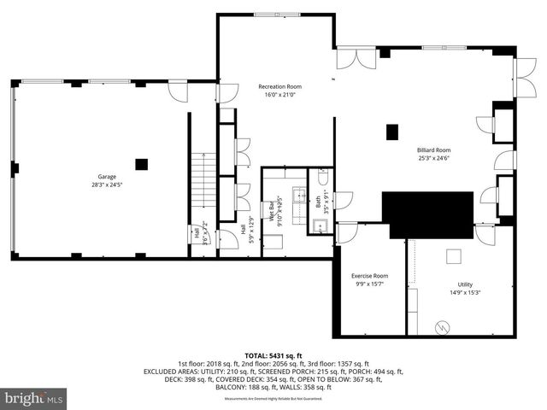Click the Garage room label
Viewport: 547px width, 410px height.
tap(106, 177)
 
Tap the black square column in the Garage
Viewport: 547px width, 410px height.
tap(141, 163)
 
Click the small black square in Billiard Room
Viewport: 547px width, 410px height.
tap(392, 132)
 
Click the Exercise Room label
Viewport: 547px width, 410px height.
tap(369, 276)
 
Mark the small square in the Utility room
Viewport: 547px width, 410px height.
tap(454, 254)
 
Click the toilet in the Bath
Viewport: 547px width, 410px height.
tap(321, 179)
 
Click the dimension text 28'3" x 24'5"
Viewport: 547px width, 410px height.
tap(106, 185)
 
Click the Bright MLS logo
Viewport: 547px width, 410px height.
tap(34, 398)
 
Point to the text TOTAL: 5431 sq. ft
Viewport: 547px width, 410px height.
tap(273, 354)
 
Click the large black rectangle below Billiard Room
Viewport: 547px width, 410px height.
tap(427, 214)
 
